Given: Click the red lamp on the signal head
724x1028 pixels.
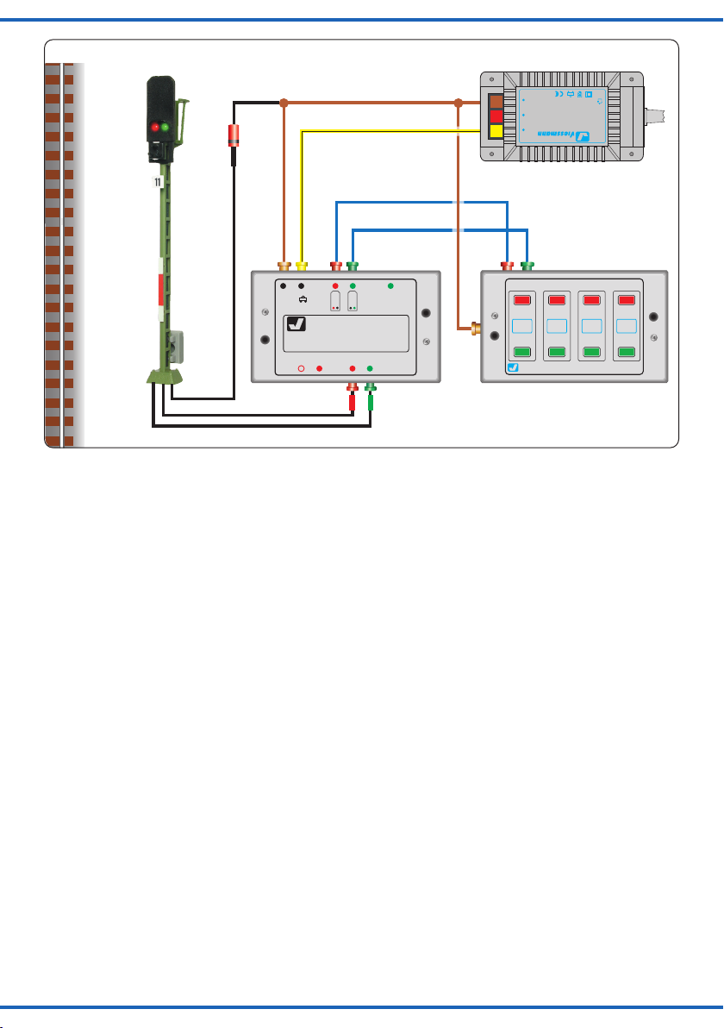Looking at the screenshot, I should (156, 127).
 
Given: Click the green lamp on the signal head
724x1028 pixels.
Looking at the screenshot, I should (165, 127).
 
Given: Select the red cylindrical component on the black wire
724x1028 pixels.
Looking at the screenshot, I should (232, 135).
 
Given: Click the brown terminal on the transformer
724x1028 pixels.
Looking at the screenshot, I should (495, 100).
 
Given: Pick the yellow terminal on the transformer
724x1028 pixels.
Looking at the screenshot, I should (495, 131).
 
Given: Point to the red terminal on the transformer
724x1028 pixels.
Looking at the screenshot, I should (495, 116).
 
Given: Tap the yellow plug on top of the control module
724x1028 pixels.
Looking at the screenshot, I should (302, 266).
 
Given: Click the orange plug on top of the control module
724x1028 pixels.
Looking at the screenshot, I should (284, 266).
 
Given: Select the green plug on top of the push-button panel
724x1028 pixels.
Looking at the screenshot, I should (527, 266).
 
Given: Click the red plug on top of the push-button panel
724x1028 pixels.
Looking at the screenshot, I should (508, 266).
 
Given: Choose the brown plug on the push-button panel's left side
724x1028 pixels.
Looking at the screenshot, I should (475, 328).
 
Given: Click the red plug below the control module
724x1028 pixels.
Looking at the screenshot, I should (353, 399).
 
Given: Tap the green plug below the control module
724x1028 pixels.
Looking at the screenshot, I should (371, 399).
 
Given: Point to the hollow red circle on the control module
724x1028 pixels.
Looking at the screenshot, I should (302, 368).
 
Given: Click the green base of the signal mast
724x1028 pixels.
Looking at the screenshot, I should (165, 376).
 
